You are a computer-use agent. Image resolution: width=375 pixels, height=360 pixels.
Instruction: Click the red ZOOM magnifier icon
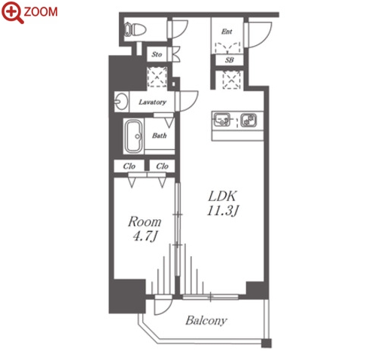coord(13,13)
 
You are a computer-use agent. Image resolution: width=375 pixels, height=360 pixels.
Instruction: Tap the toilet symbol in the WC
coord(136,30)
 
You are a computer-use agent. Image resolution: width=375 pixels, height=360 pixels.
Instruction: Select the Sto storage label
coord(157,54)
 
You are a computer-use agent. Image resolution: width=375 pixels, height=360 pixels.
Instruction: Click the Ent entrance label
coord(227,32)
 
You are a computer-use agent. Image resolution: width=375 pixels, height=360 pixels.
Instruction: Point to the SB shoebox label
coord(230,60)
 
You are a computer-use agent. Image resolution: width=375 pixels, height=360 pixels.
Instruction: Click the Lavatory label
coord(152,102)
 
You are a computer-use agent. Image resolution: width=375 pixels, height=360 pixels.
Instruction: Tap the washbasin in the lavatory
coord(121,102)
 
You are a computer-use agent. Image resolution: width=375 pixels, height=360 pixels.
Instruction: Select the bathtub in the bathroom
coord(133,136)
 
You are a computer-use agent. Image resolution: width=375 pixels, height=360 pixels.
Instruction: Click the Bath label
coord(159,136)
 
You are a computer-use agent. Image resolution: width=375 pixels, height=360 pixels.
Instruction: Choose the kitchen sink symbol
coord(221,119)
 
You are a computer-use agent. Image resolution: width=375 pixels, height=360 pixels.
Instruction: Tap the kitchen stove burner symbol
coord(248,120)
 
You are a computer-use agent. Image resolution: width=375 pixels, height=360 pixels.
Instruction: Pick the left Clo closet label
coord(129,166)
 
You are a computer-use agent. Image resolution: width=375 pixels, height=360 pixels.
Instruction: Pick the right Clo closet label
coord(162,166)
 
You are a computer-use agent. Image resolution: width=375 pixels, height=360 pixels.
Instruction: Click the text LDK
coord(222,196)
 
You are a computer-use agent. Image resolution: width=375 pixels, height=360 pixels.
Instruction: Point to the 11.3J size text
coord(222,210)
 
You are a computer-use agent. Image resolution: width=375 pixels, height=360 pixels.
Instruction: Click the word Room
coord(145,222)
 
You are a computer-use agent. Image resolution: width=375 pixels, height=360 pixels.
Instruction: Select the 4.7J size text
coord(145,236)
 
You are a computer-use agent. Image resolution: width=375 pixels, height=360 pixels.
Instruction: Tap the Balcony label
coord(206,320)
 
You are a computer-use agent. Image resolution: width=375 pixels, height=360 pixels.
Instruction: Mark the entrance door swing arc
coord(266,39)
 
